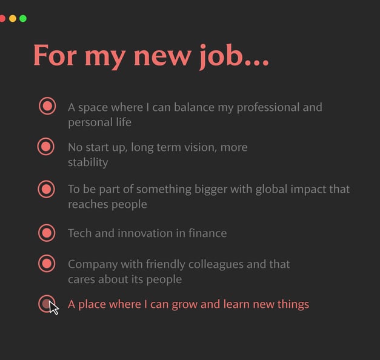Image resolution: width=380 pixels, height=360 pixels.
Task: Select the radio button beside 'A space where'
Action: point(47,106)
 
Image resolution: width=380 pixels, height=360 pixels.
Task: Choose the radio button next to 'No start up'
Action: point(46,146)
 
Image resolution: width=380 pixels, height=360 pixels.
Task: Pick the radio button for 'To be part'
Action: point(46,188)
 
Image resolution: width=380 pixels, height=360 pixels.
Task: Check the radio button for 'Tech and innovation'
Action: point(46,232)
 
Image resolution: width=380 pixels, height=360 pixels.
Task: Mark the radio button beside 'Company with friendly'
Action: point(47,264)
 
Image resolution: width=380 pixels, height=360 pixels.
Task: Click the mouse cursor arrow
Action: point(53,307)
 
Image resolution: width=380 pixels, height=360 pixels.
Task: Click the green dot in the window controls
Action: point(23,19)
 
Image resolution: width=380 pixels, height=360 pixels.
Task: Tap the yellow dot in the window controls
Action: point(13,19)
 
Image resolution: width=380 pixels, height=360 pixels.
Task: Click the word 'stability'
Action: point(88,162)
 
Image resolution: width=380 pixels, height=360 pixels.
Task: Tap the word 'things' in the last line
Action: point(291,304)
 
